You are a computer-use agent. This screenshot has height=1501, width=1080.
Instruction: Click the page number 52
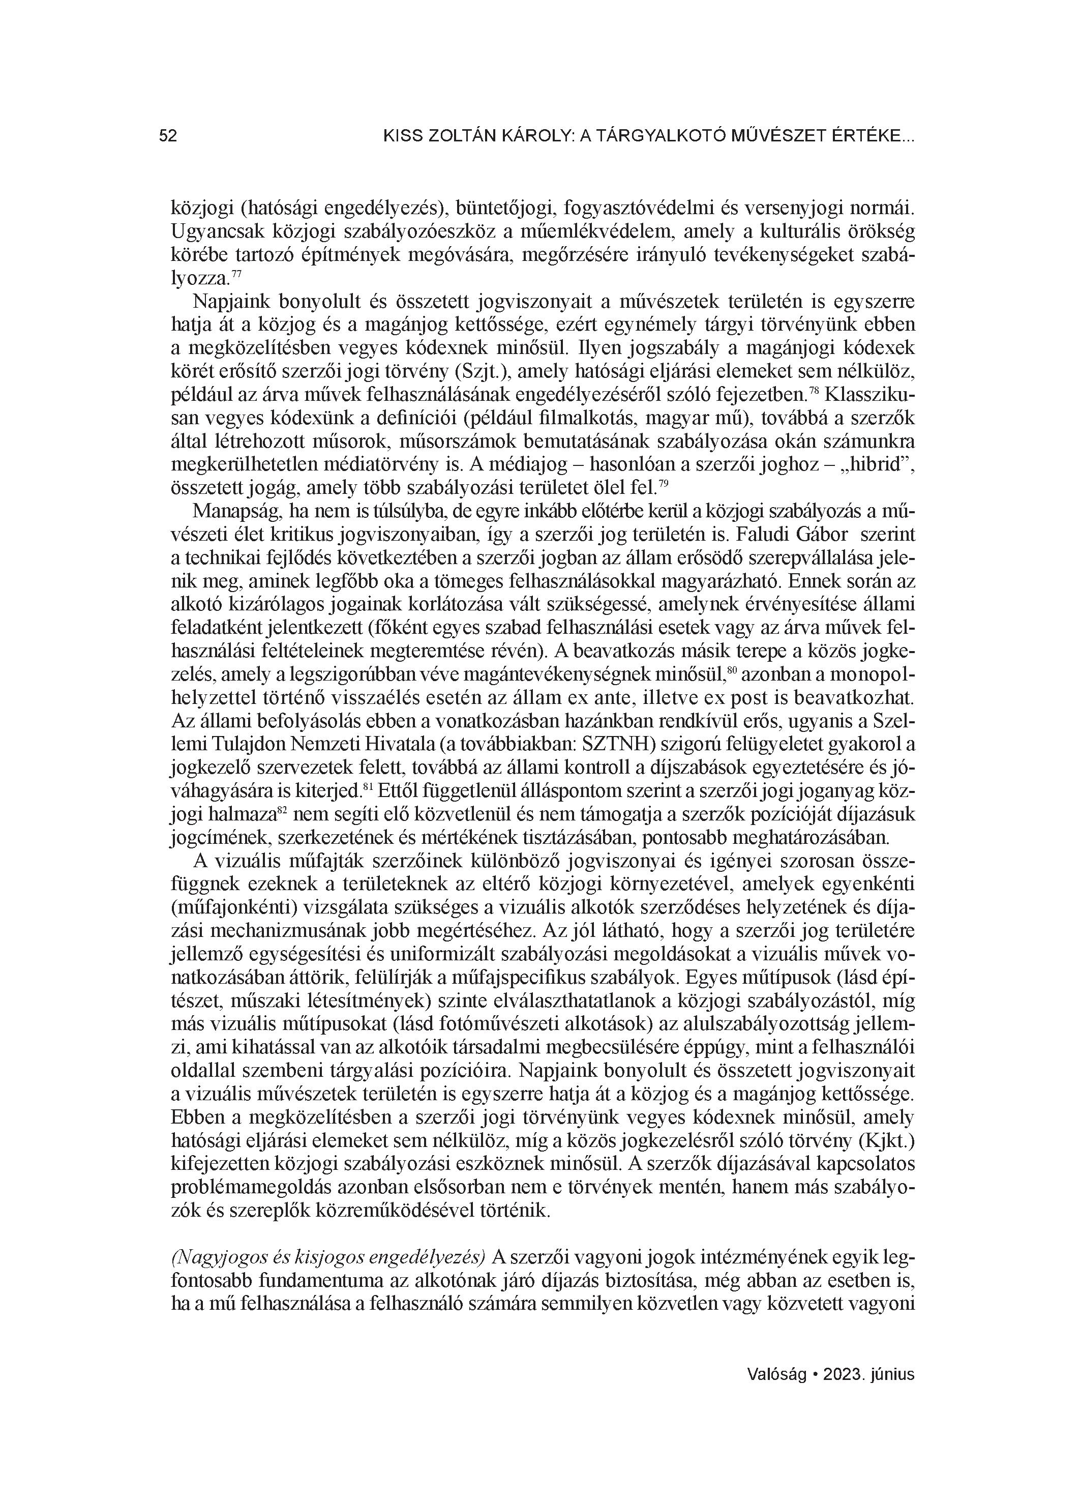click(168, 136)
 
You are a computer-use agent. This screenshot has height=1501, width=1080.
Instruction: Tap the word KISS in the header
click(402, 136)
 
